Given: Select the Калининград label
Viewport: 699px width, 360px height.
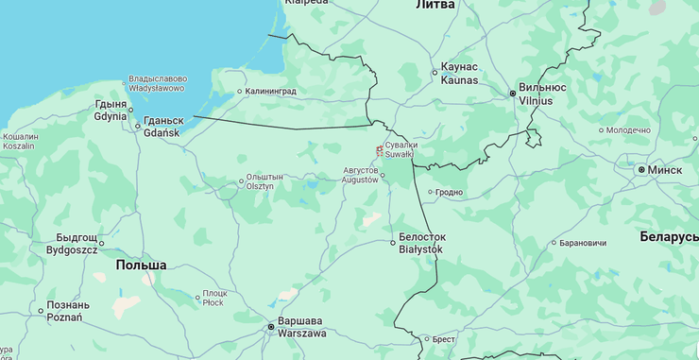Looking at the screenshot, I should click(x=270, y=92).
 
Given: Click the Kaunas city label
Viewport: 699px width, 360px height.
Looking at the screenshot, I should click(x=460, y=75).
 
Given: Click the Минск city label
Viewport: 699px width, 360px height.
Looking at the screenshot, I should click(x=664, y=170).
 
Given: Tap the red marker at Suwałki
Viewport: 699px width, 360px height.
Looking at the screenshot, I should click(x=380, y=149).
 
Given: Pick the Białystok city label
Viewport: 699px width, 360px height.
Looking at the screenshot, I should click(x=421, y=243).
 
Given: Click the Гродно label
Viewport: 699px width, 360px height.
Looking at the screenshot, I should click(x=449, y=192).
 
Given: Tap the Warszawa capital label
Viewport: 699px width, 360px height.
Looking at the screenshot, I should click(x=302, y=327).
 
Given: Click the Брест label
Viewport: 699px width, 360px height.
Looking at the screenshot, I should click(x=444, y=339).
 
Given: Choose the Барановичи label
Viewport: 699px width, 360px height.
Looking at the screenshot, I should click(x=582, y=243).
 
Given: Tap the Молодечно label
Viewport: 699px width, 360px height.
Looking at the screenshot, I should click(x=628, y=129).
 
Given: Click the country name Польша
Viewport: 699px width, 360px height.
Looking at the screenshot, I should click(x=141, y=266).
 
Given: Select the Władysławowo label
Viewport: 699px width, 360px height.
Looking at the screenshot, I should click(x=157, y=83).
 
